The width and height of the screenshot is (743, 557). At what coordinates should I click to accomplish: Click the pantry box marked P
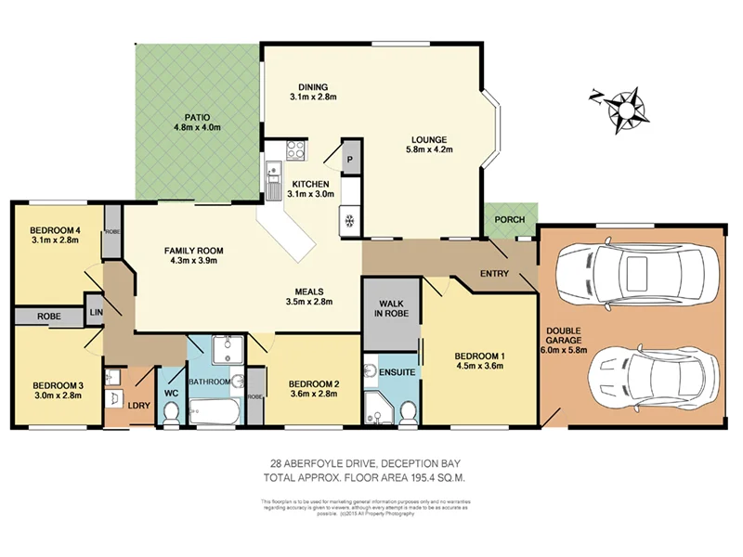(351, 160)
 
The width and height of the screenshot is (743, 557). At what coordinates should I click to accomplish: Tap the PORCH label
(509, 220)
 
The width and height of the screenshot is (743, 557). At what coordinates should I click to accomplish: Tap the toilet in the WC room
(171, 415)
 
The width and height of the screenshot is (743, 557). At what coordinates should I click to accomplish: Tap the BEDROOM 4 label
(55, 230)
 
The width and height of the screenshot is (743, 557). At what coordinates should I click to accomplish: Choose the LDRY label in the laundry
(137, 405)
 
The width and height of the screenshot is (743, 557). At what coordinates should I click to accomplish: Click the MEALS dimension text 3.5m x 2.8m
(309, 302)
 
